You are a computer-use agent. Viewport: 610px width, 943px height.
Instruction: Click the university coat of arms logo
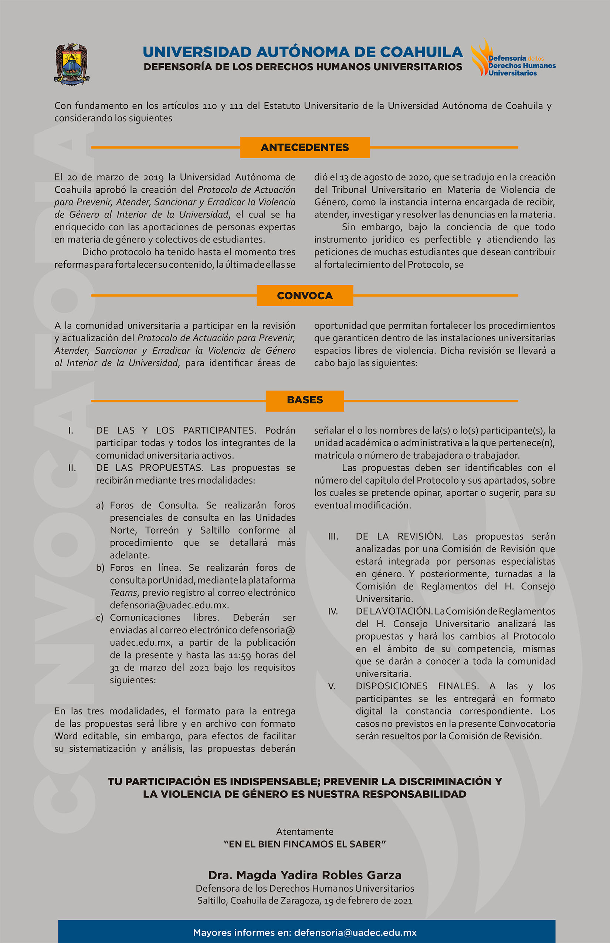(x=72, y=63)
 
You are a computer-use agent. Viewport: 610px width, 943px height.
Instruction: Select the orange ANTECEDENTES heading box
(x=305, y=148)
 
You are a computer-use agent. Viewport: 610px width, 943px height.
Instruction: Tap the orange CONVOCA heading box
(x=305, y=295)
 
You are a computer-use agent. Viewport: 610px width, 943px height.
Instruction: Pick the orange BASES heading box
(x=305, y=400)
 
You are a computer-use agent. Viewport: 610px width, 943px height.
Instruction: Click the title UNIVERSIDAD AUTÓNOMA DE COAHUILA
(x=303, y=52)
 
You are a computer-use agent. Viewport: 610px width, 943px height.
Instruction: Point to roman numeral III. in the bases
(x=333, y=537)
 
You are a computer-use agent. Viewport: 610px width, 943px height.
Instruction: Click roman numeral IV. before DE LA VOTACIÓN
(x=333, y=611)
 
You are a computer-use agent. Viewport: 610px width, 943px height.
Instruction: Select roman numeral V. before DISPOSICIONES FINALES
(x=332, y=686)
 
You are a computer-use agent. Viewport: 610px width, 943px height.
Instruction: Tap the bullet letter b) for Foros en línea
(x=100, y=568)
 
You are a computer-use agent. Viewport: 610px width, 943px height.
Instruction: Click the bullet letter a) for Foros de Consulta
(x=100, y=506)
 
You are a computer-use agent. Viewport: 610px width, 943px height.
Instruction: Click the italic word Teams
(x=123, y=593)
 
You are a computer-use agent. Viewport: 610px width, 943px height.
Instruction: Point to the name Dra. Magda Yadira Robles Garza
(x=305, y=875)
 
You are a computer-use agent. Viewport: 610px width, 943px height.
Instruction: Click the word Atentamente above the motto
(x=305, y=831)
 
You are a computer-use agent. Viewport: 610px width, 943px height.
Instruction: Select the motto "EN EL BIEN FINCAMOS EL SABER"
(x=305, y=844)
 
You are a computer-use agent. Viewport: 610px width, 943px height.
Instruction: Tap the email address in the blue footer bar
(x=355, y=932)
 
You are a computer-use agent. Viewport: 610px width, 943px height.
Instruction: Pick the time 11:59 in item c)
(x=240, y=655)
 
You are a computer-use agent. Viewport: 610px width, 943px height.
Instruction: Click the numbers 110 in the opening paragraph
(x=210, y=106)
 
